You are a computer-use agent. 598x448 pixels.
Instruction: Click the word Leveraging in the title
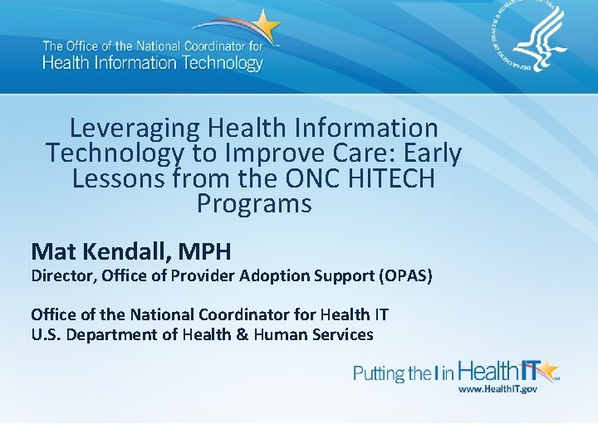coord(135,129)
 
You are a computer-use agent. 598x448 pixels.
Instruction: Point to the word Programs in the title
coord(254,203)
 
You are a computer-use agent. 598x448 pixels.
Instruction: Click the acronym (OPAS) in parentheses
coord(405,275)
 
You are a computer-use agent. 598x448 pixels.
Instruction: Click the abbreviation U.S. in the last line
coord(47,334)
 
